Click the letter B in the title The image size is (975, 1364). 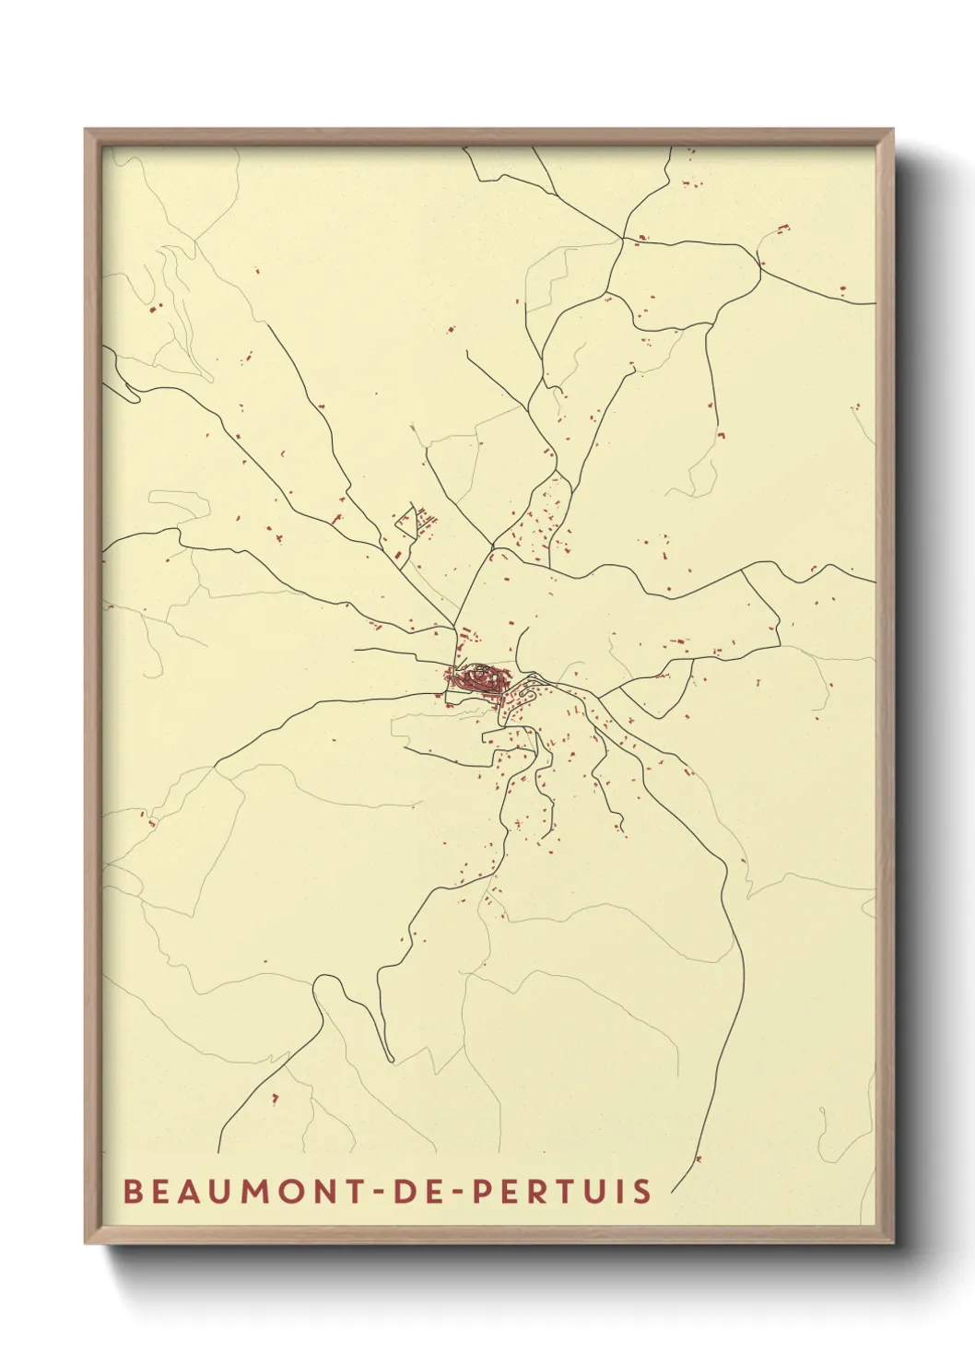132,1191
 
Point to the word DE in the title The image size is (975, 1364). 411,1191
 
